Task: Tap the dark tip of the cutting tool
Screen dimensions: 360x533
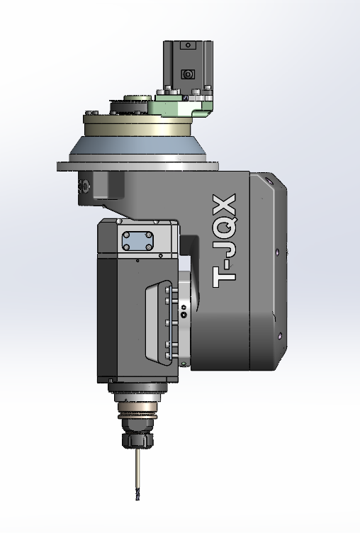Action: click(137, 495)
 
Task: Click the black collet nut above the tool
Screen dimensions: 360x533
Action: click(137, 439)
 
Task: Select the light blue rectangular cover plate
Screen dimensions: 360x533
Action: click(137, 241)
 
